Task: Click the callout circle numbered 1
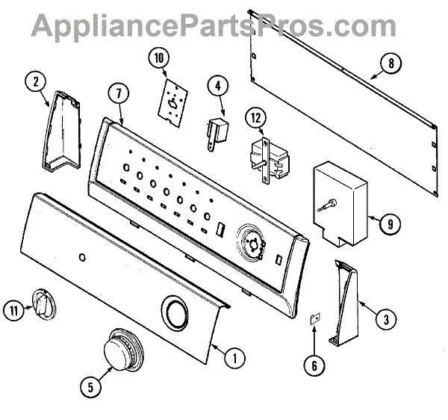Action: pos(234,357)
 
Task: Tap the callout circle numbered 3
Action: pos(385,321)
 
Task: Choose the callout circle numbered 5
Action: pos(90,386)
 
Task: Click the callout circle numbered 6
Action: pos(314,365)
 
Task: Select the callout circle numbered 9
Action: pos(390,223)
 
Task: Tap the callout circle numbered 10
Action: pos(158,57)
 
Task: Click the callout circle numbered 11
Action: pos(13,306)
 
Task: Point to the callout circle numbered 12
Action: pos(256,117)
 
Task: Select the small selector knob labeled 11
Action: pos(40,303)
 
